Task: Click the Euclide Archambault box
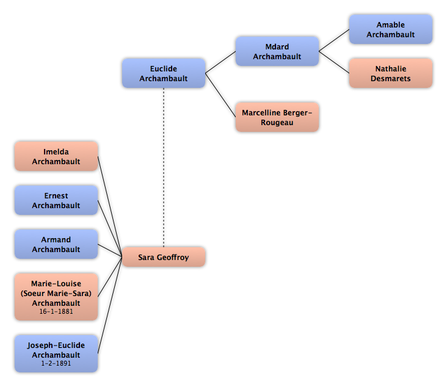pos(164,73)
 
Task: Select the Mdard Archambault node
pos(277,51)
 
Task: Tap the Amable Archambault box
pos(391,29)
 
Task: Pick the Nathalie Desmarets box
pos(391,73)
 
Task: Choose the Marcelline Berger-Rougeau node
pos(277,117)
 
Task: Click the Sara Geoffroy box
pos(164,257)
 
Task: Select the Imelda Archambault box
pos(56,156)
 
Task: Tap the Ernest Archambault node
pos(56,200)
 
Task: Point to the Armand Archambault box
pos(56,244)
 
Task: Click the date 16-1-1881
pos(56,311)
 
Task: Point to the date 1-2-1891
pos(56,363)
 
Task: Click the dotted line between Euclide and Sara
pos(164,168)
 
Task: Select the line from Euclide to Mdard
pos(220,62)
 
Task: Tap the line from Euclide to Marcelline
pos(220,95)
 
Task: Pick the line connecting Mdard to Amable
pos(334,40)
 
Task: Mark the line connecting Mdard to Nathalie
pos(334,62)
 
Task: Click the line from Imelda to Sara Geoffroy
pos(110,206)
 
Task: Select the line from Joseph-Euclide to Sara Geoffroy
pos(110,305)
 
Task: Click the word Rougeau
pos(277,123)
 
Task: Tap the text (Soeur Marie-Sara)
pos(56,294)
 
